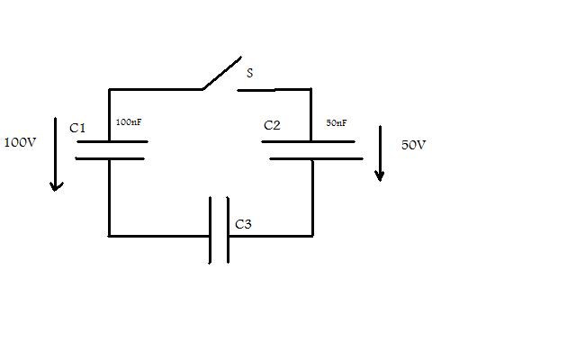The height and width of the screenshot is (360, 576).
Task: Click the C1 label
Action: point(77,128)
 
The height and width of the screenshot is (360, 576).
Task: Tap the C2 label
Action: point(272,125)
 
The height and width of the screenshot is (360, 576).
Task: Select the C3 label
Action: point(243,224)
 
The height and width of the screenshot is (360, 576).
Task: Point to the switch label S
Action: point(250,73)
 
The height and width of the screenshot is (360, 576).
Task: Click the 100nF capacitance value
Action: point(129,122)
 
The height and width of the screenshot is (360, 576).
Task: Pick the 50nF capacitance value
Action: point(336,123)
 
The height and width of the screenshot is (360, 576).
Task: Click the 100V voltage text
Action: point(20,142)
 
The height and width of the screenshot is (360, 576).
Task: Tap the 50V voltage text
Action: point(413,145)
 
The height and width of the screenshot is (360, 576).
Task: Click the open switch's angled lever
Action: point(222,73)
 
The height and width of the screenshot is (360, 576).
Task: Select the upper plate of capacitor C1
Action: point(112,141)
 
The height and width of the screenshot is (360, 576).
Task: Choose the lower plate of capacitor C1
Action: point(110,158)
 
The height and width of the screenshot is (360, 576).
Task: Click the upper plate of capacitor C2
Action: point(308,141)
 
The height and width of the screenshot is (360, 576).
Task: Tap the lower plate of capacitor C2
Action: point(316,158)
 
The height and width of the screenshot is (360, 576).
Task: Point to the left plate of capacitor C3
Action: point(210,230)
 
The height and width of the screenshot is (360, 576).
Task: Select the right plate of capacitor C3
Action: point(228,230)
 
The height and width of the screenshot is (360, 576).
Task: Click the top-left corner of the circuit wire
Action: point(109,89)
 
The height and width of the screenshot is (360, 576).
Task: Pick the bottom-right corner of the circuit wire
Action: point(312,236)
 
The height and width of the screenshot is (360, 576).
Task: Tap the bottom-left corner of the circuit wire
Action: point(109,236)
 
